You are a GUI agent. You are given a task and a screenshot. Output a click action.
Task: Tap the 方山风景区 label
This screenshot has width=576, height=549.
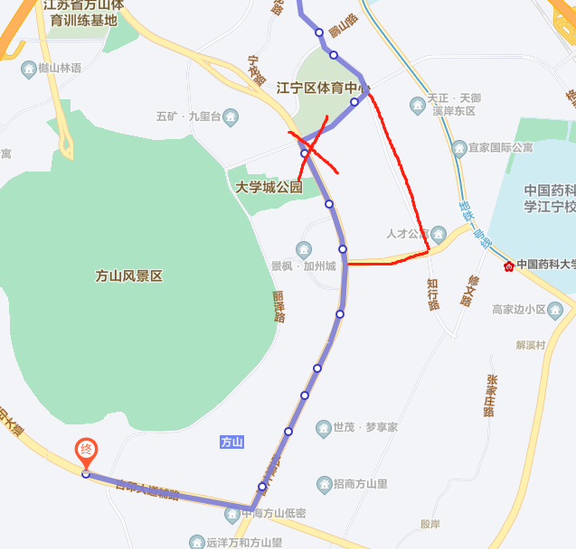[x=128, y=276]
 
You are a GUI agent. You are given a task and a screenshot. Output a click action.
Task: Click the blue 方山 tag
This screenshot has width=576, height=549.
[x=231, y=442]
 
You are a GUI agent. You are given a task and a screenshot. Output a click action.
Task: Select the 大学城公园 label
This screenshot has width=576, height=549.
[x=269, y=188]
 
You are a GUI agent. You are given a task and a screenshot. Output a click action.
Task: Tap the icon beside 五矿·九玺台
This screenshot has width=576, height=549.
[x=231, y=116]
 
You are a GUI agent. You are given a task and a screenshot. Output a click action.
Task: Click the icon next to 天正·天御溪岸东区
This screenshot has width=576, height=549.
[x=416, y=105]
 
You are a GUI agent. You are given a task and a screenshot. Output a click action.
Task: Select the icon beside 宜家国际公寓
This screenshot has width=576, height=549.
[x=459, y=147]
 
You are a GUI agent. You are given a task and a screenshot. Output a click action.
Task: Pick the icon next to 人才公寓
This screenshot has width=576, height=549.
[x=439, y=234]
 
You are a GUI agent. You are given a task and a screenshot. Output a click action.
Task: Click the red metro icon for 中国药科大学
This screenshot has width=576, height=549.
[x=509, y=265]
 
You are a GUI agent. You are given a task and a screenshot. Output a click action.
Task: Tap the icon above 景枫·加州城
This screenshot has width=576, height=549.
[x=303, y=249]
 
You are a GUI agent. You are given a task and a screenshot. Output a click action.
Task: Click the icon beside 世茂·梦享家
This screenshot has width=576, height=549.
[x=323, y=427]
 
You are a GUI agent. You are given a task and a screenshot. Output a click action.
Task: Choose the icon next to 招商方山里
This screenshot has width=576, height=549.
[x=324, y=484]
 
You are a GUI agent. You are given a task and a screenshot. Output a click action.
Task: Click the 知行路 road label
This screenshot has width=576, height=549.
[x=433, y=294]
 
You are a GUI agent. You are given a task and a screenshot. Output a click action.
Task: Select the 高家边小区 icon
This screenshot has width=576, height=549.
[x=556, y=310]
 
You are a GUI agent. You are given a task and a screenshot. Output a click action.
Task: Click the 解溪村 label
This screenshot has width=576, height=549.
[x=531, y=344]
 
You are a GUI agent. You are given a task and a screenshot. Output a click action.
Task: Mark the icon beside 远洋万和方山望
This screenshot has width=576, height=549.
[x=197, y=543]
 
